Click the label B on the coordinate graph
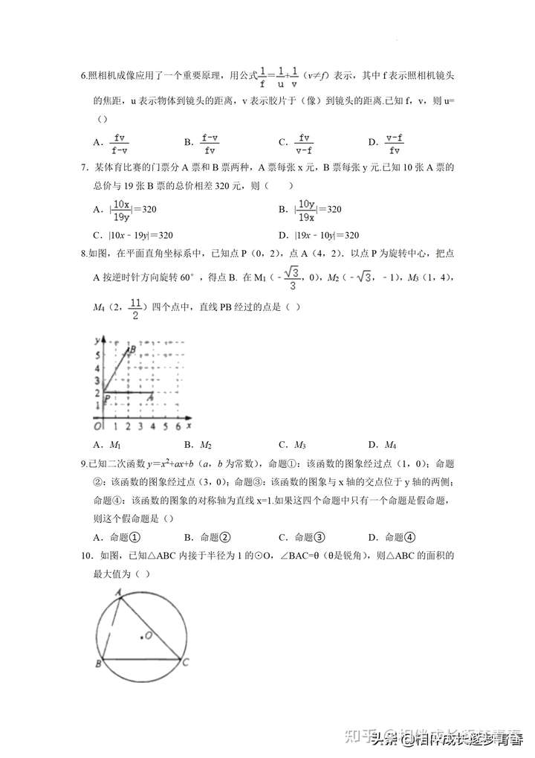pyautogui.click(x=132, y=350)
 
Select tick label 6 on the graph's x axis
pyautogui.click(x=178, y=426)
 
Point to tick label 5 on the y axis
pyautogui.click(x=97, y=356)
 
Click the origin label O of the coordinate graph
pyautogui.click(x=97, y=426)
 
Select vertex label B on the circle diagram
pyautogui.click(x=98, y=663)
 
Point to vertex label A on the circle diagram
pyautogui.click(x=118, y=591)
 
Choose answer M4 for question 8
pyautogui.click(x=390, y=445)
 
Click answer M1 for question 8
pyautogui.click(x=115, y=445)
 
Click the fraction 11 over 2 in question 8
pyautogui.click(x=134, y=308)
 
